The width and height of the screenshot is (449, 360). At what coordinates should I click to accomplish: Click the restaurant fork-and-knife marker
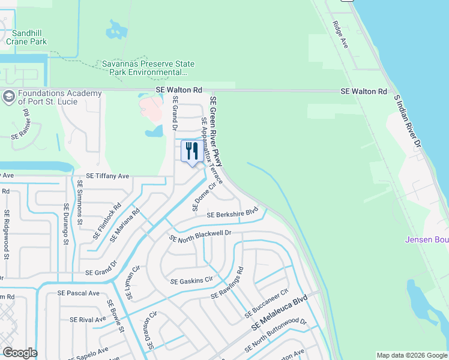click(x=192, y=151)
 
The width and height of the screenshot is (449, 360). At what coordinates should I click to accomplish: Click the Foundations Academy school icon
click(x=8, y=96)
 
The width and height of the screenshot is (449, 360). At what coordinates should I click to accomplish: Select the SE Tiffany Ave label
click(x=107, y=176)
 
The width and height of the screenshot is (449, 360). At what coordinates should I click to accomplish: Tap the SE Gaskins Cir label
click(x=191, y=280)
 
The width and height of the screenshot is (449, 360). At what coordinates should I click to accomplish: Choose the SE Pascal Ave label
click(x=78, y=293)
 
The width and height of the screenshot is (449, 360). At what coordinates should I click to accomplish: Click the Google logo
click(x=20, y=353)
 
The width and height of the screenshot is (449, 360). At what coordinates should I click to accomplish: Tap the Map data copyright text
click(x=411, y=355)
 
